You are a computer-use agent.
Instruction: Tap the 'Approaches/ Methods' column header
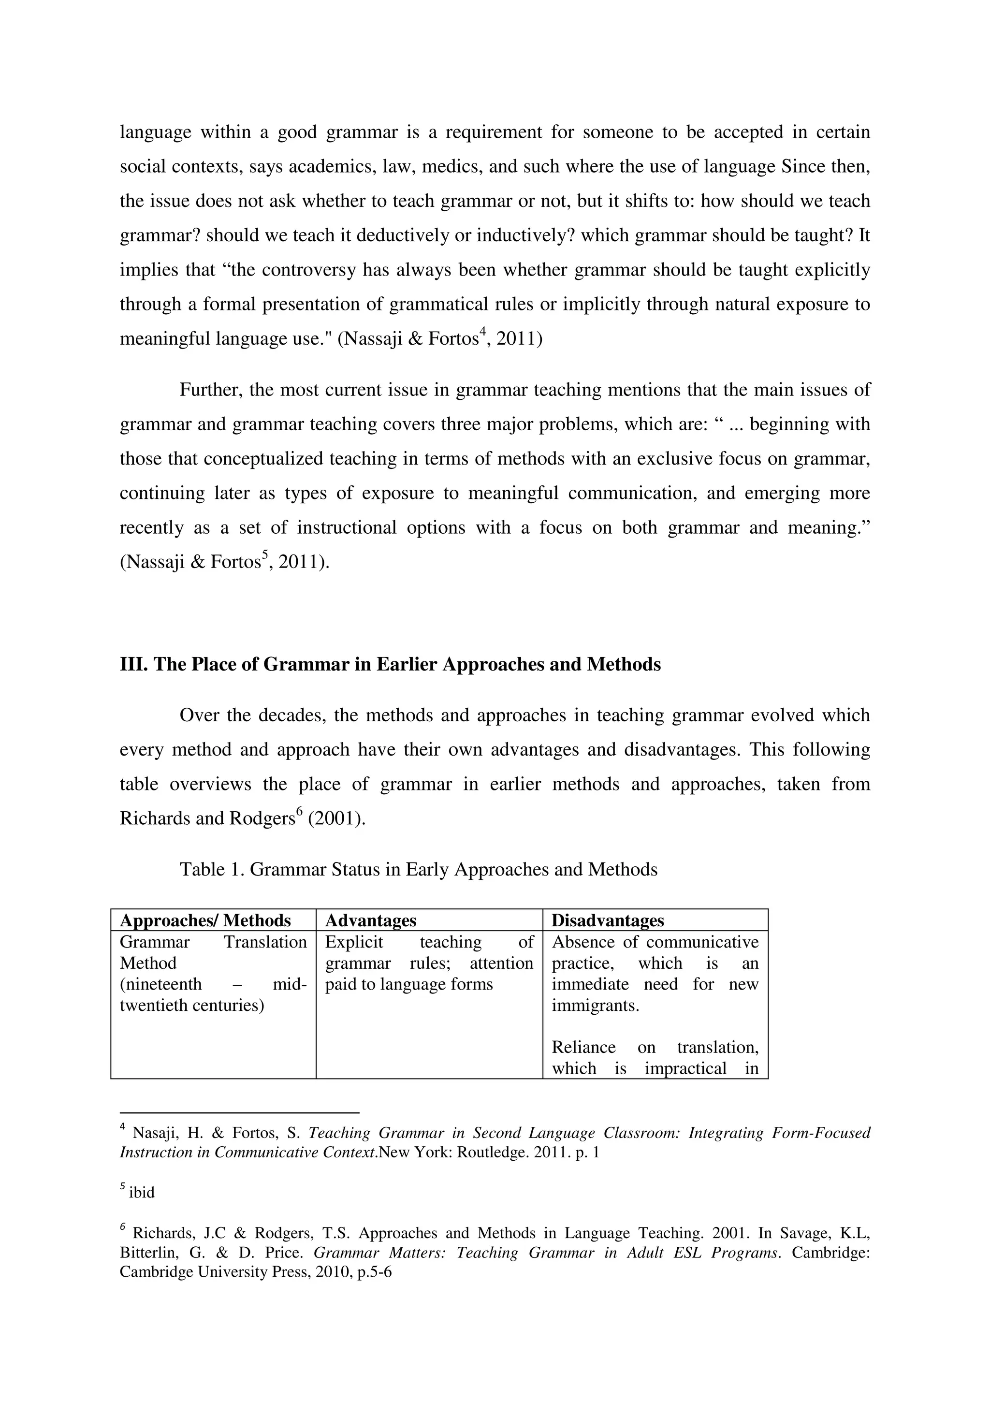pos(205,920)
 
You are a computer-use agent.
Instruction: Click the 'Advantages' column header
pos(370,920)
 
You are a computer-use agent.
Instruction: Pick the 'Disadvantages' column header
pos(608,920)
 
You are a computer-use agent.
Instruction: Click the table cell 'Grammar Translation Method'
pos(213,952)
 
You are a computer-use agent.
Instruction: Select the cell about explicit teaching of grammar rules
pos(429,963)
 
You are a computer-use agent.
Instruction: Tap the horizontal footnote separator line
pos(239,1112)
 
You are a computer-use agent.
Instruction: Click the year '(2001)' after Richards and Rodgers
pos(337,818)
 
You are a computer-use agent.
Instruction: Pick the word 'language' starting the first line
pos(155,132)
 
